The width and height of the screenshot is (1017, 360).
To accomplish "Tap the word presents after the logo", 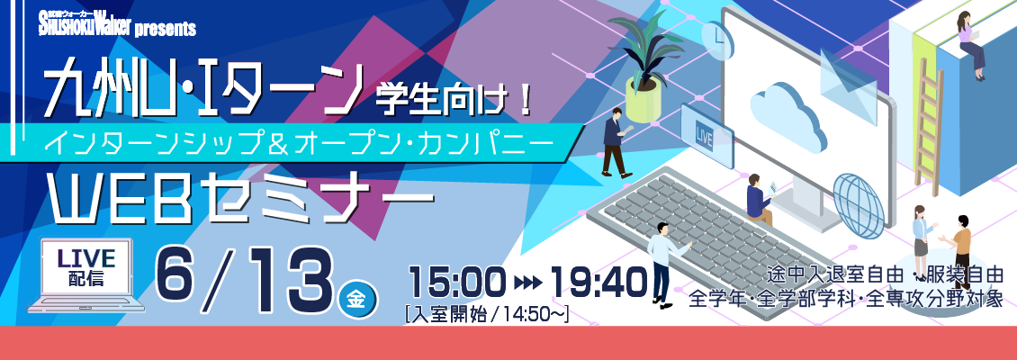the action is tap(166, 29).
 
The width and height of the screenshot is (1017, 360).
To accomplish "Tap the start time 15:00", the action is tap(456, 281).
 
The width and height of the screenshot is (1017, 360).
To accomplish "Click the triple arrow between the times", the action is tap(528, 283).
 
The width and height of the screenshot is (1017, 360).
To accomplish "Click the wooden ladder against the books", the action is tap(929, 126).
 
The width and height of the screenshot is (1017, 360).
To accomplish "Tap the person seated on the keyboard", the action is tap(759, 199).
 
